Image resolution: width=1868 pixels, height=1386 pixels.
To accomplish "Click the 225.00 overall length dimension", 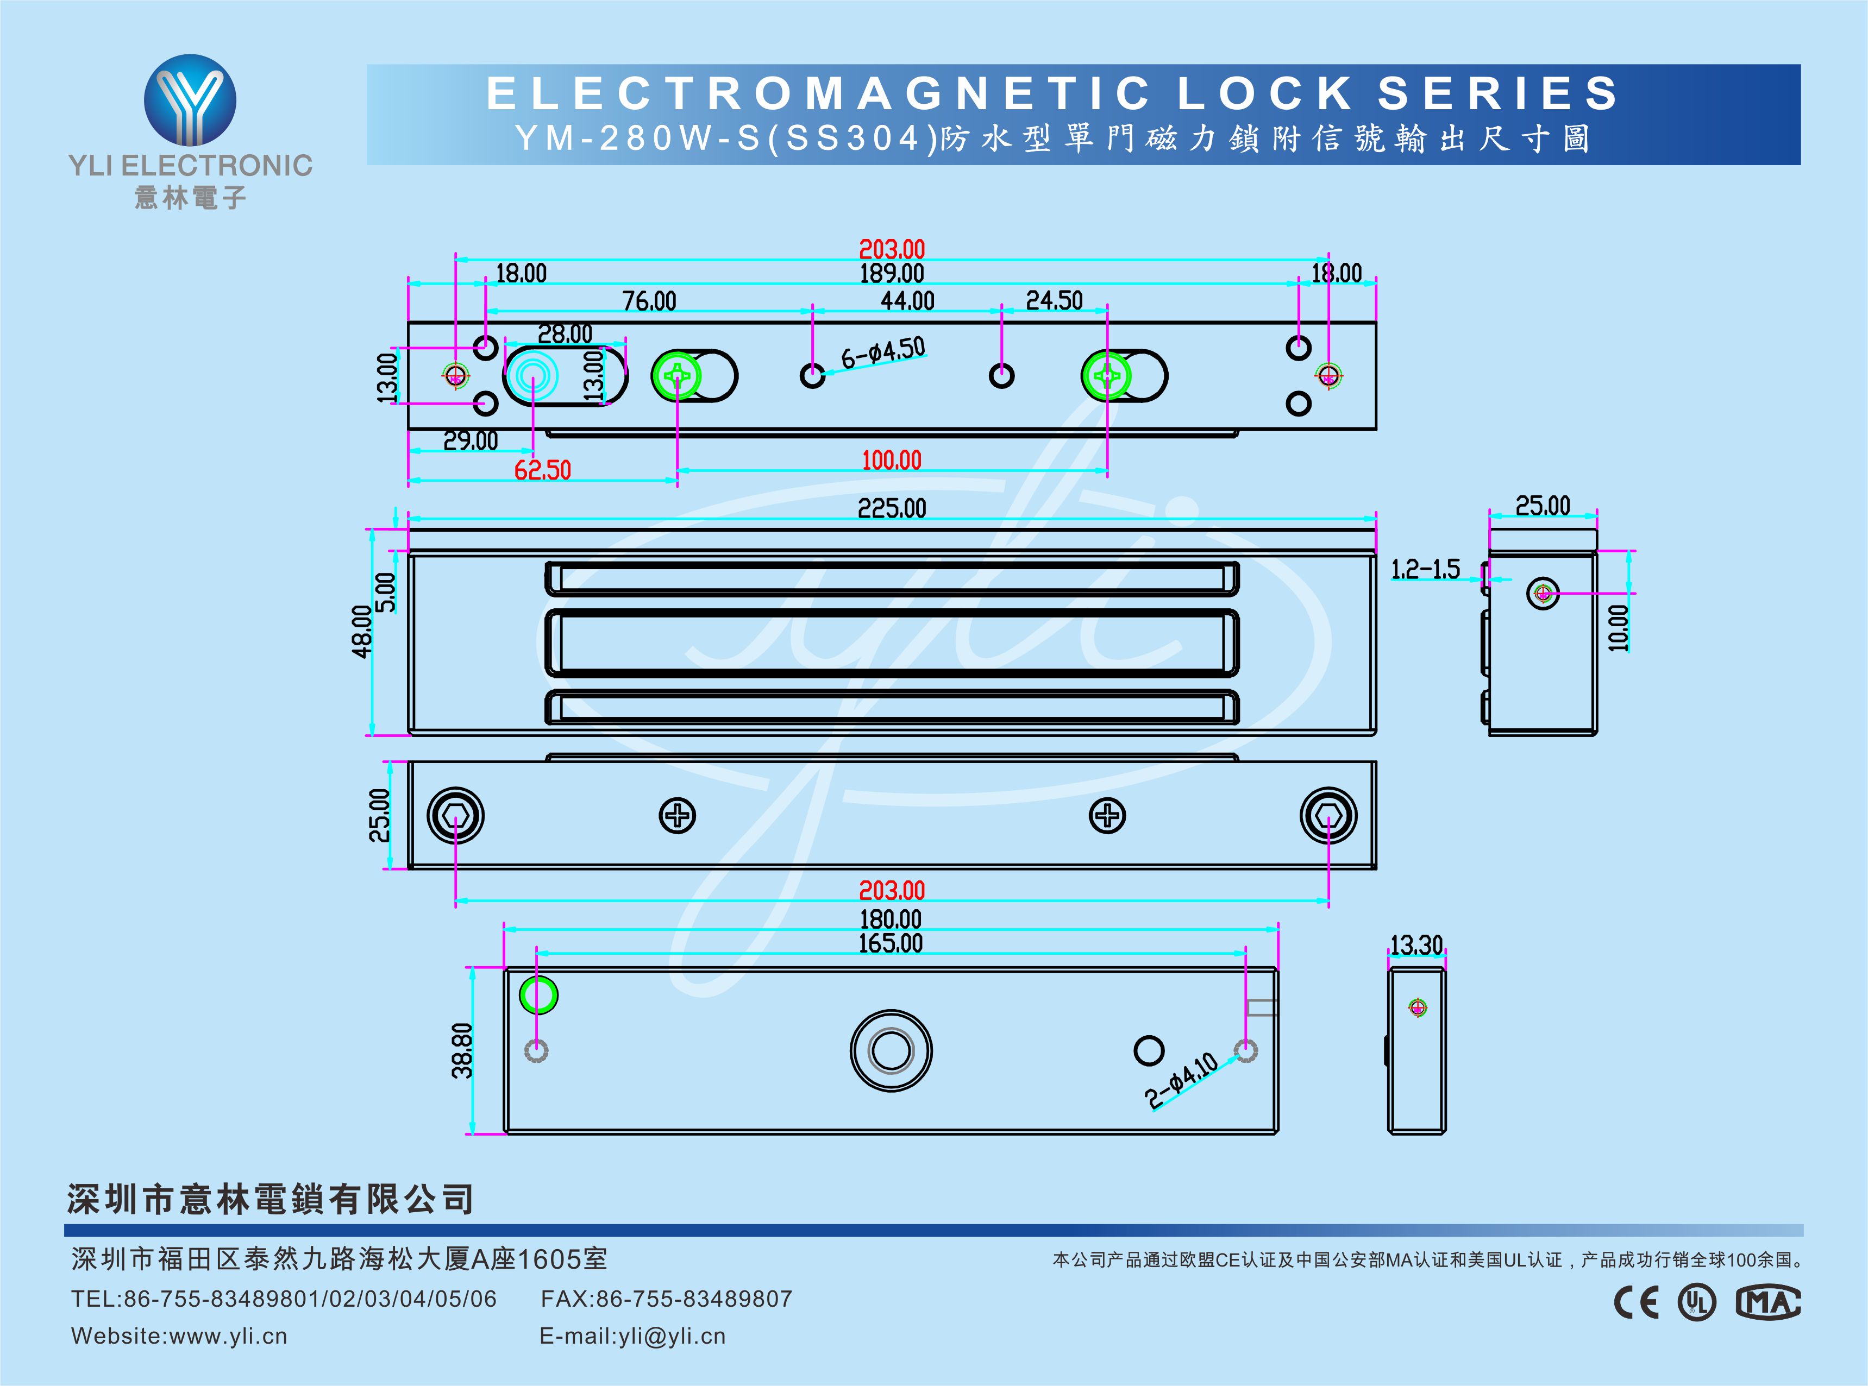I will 891,508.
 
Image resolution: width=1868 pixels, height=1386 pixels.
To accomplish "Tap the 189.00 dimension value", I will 891,274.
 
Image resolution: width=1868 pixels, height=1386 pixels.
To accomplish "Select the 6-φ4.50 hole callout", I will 883,353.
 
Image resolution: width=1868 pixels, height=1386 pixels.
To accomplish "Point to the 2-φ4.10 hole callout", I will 1181,1081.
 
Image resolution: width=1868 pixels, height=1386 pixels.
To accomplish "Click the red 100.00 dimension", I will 891,461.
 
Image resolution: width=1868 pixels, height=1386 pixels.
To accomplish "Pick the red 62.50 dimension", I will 542,470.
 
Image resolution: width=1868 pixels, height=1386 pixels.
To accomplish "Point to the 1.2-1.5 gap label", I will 1425,570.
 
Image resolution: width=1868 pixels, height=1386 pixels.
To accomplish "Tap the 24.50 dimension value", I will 1054,300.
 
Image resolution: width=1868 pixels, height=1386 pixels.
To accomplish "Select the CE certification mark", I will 1637,1302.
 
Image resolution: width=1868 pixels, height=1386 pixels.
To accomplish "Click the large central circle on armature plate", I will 891,1050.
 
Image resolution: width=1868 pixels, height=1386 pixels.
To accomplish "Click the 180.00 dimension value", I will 891,919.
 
